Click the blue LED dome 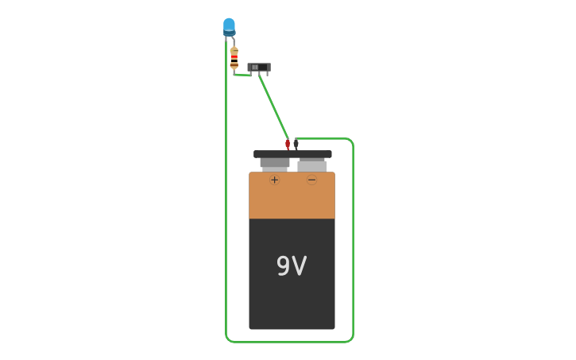(229, 24)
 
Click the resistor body (234, 57)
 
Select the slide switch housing (259, 68)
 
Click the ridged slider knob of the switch (254, 67)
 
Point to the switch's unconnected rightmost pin (268, 74)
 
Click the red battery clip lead (288, 144)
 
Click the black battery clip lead (296, 144)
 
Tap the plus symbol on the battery (274, 180)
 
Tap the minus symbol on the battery (311, 180)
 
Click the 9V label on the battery (292, 266)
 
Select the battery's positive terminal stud (274, 163)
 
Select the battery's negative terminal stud (312, 165)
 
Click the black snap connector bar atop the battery (292, 154)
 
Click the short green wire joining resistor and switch (242, 75)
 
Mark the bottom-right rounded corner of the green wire (350, 339)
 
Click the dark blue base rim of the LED (229, 33)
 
